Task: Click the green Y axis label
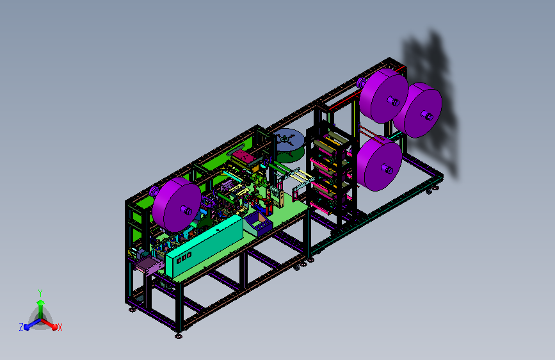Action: pyautogui.click(x=40, y=293)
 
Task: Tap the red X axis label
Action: pyautogui.click(x=60, y=327)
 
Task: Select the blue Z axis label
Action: pyautogui.click(x=21, y=327)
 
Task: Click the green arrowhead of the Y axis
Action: pyautogui.click(x=40, y=302)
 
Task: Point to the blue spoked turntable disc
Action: pyautogui.click(x=289, y=140)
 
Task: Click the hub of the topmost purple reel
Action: pyautogui.click(x=393, y=102)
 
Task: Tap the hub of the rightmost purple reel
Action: pyautogui.click(x=427, y=115)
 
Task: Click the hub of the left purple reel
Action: pyautogui.click(x=186, y=211)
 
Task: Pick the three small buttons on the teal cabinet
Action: pyautogui.click(x=184, y=257)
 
